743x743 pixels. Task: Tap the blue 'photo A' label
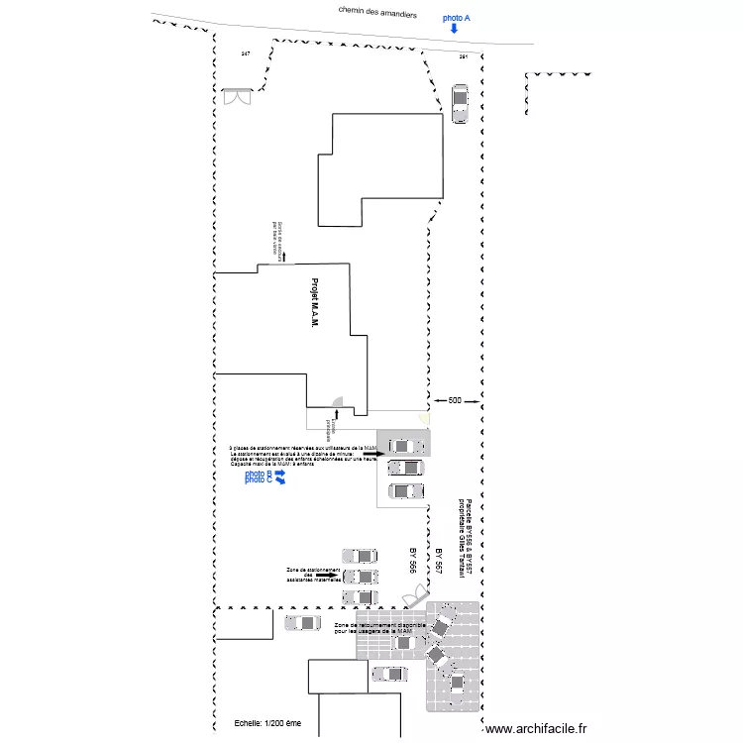click(457, 18)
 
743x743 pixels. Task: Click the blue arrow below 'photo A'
click(454, 30)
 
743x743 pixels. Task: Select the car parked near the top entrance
click(459, 104)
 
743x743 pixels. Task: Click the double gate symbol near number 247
click(237, 96)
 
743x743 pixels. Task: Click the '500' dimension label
click(455, 400)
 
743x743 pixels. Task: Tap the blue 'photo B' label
click(259, 475)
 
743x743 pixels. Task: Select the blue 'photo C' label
click(259, 481)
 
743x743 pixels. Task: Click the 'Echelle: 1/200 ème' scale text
click(267, 724)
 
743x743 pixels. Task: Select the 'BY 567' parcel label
click(438, 561)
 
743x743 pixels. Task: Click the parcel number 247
click(245, 53)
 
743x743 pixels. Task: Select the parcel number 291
click(463, 57)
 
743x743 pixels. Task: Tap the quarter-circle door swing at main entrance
click(338, 404)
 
